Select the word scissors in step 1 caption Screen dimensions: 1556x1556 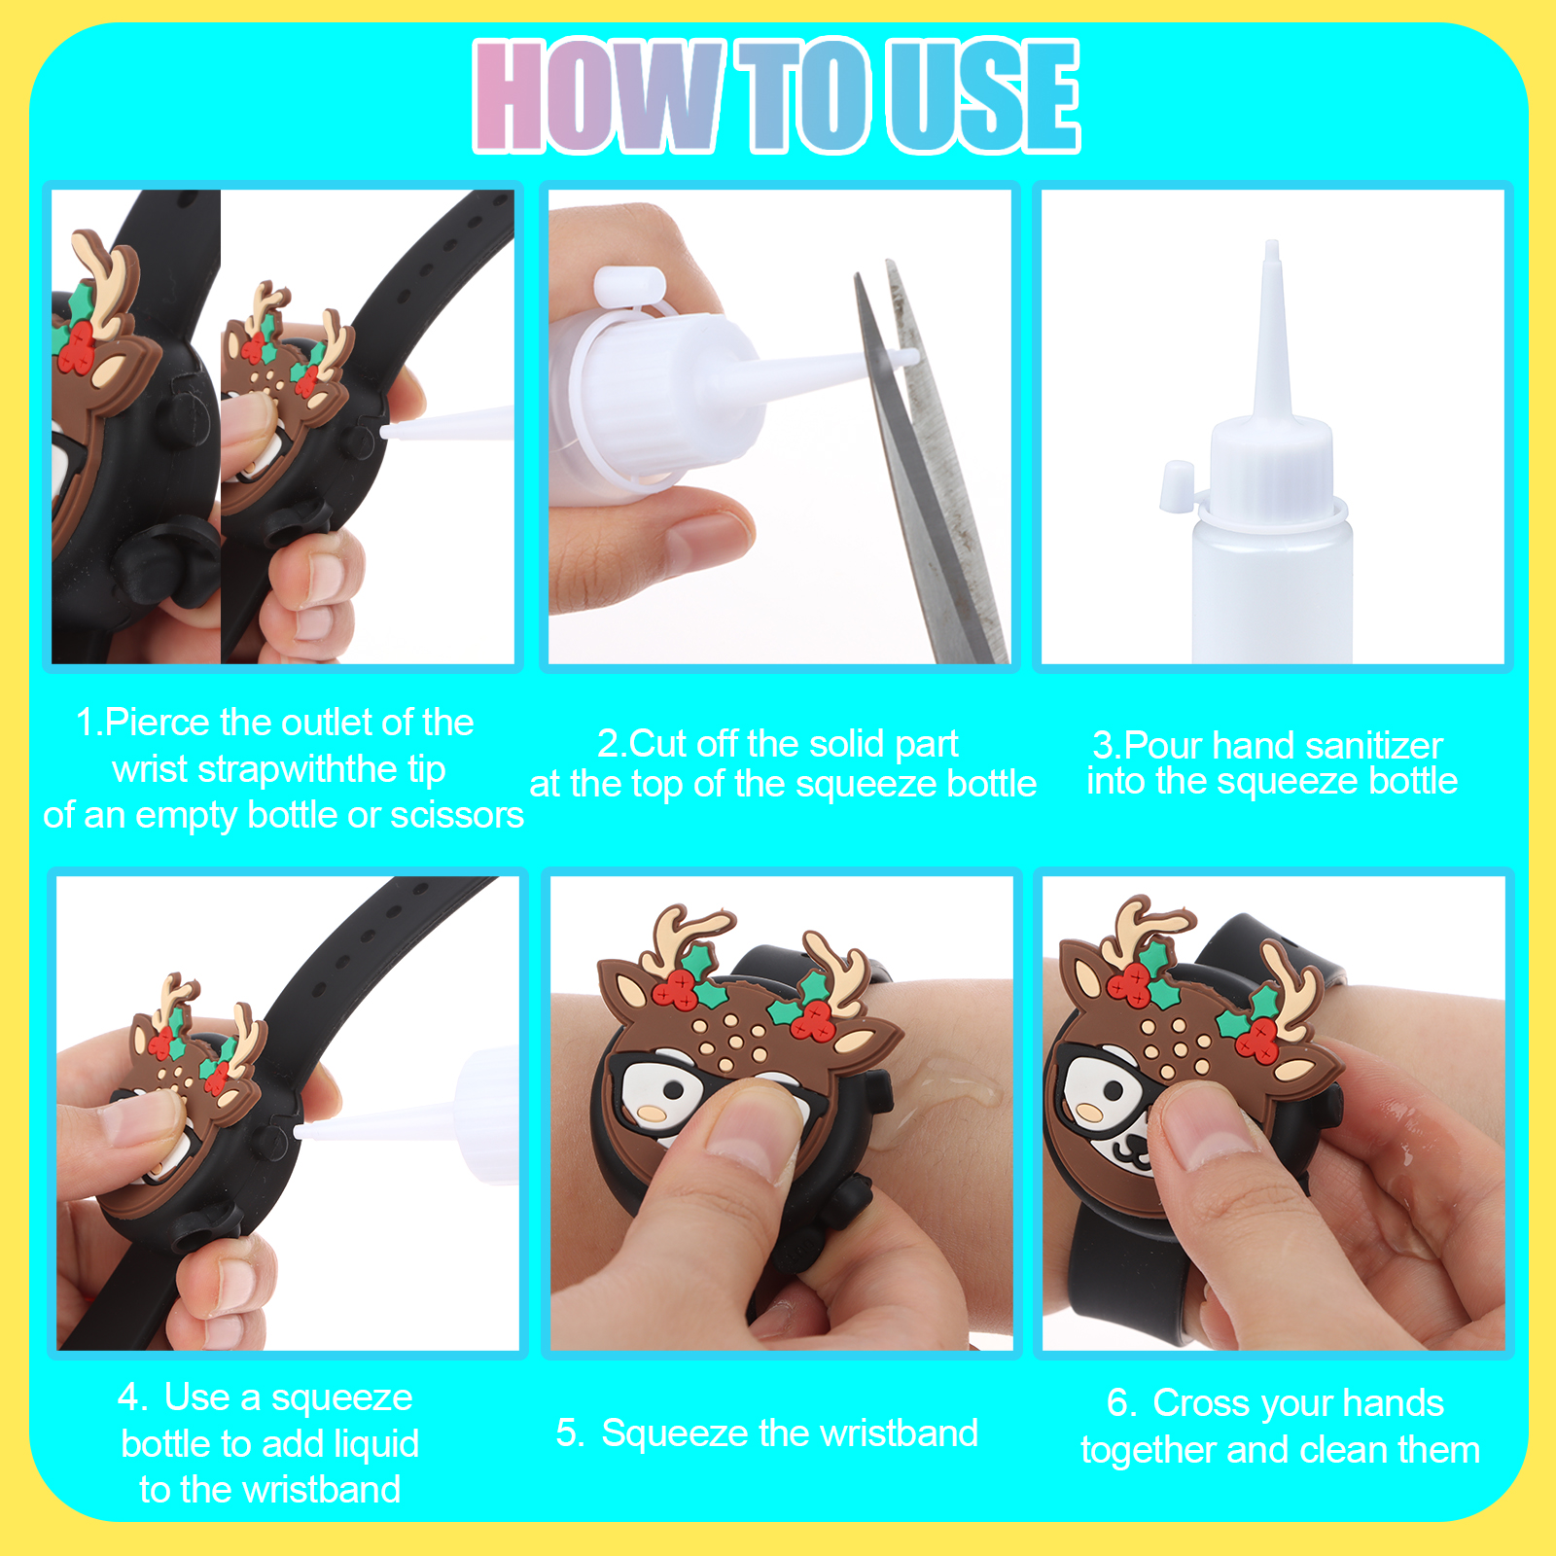[x=457, y=815]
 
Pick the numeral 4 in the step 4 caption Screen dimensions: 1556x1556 [x=129, y=1397]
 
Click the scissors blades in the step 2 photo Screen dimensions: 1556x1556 [x=929, y=457]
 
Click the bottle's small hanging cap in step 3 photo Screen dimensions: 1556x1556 [x=1176, y=486]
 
